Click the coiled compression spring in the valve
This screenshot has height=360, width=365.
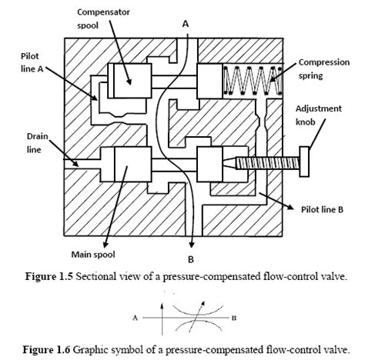[x=249, y=80]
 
